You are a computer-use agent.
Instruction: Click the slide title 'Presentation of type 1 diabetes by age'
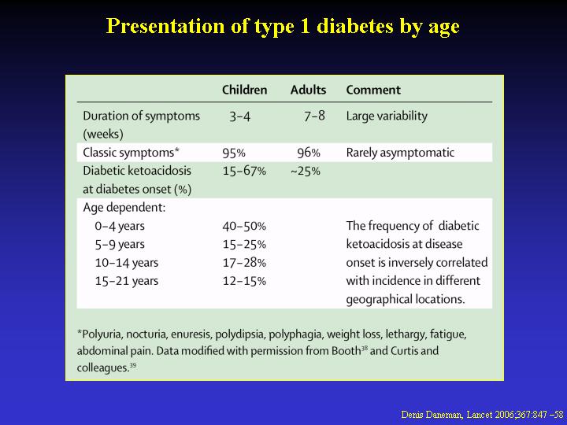point(283,27)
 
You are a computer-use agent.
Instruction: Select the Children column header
point(244,90)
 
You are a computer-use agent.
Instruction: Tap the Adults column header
point(308,90)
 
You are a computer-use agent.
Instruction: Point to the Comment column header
point(373,90)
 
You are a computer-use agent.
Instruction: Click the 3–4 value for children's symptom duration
point(239,116)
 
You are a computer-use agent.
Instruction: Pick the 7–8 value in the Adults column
point(314,116)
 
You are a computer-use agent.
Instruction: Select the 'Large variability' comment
point(387,116)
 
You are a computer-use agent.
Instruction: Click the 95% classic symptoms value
point(234,153)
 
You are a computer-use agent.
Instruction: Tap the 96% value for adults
point(309,153)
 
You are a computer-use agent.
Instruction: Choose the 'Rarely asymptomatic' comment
point(400,153)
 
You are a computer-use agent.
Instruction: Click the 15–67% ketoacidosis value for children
point(244,171)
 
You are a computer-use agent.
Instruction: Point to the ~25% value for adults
point(306,171)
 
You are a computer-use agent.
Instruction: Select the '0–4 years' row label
point(120,226)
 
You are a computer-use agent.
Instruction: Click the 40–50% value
point(244,226)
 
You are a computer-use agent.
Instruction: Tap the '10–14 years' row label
point(127,263)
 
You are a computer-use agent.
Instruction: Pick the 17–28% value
point(244,263)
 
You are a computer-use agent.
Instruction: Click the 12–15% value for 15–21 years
point(244,281)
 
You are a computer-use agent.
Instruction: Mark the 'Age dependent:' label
point(124,208)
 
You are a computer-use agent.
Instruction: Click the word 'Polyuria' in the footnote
point(99,334)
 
